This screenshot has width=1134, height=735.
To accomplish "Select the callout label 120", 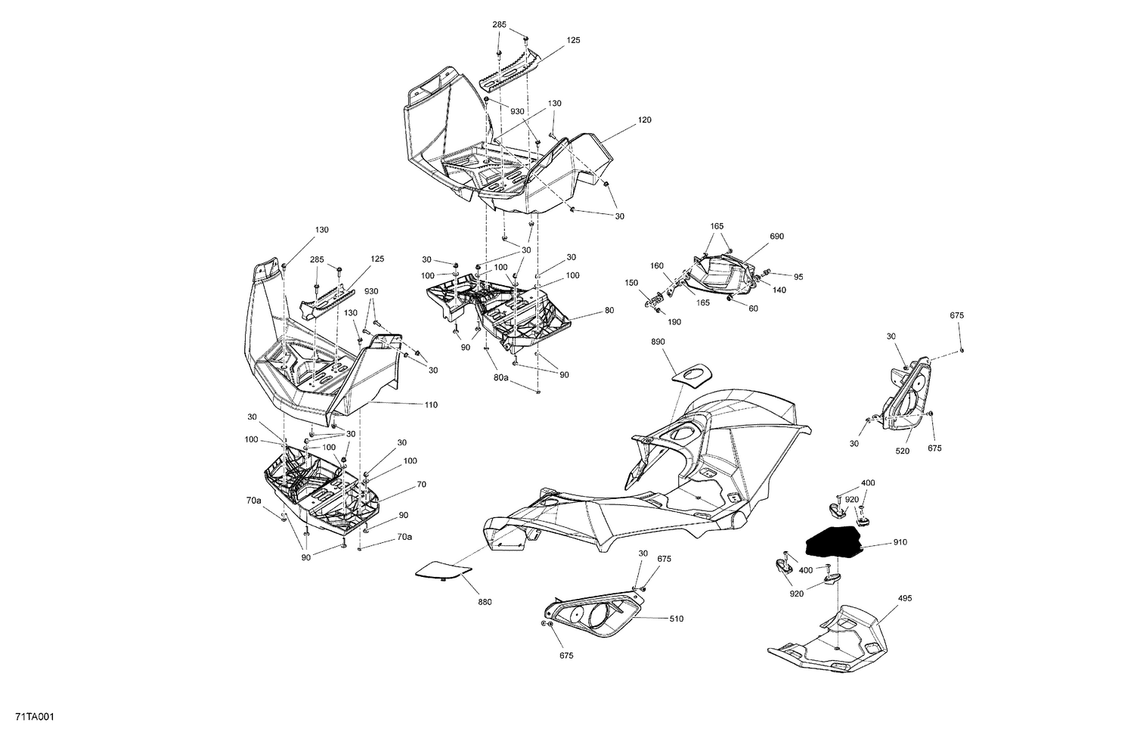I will pos(644,120).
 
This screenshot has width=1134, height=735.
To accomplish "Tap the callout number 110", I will pos(430,405).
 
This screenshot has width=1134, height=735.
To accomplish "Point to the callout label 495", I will pos(905,598).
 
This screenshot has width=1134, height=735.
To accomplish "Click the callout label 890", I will pos(658,343).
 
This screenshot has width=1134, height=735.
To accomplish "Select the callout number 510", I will pos(676,619).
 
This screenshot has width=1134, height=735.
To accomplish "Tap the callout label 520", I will pos(903,451).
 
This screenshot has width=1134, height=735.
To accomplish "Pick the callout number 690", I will pos(776,237).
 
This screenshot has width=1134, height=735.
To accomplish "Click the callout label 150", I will pos(631,283).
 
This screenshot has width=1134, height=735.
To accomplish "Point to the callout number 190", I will pos(674,322).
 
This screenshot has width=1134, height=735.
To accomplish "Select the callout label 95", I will pos(798,276).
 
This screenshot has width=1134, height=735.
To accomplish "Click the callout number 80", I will pos(609,311).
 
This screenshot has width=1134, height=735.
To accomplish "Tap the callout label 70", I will pos(420,484).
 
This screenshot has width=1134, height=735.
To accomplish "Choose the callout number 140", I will pos(779,290).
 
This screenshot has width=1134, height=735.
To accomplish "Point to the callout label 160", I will pos(656,265).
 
